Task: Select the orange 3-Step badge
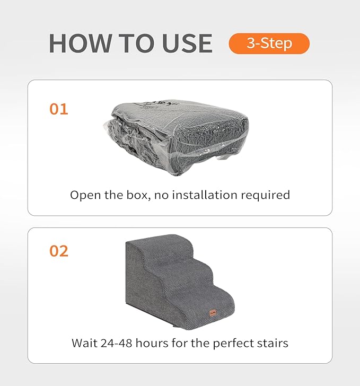(x=269, y=43)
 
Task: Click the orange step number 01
(x=59, y=109)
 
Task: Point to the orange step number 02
(x=59, y=251)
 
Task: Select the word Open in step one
(x=85, y=195)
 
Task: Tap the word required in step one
(x=267, y=195)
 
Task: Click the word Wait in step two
(x=85, y=343)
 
